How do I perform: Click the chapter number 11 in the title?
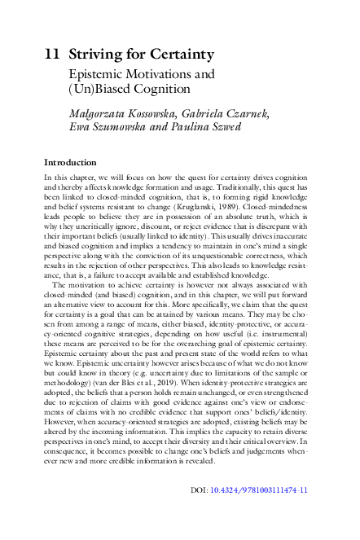click(51, 55)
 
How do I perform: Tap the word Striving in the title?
click(92, 55)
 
